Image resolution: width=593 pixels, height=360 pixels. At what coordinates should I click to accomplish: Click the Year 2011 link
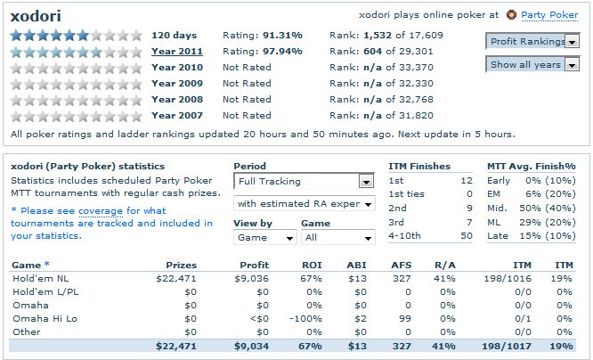click(x=177, y=51)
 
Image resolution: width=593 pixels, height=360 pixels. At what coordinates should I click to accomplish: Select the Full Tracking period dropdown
click(x=303, y=181)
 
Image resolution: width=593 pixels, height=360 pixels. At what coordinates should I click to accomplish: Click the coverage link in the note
click(x=101, y=211)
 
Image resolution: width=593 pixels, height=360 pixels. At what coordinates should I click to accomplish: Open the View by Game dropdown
click(x=264, y=238)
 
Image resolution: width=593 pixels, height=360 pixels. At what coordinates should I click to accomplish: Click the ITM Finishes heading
click(x=419, y=167)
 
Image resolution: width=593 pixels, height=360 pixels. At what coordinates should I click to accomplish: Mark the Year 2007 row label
click(x=177, y=115)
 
